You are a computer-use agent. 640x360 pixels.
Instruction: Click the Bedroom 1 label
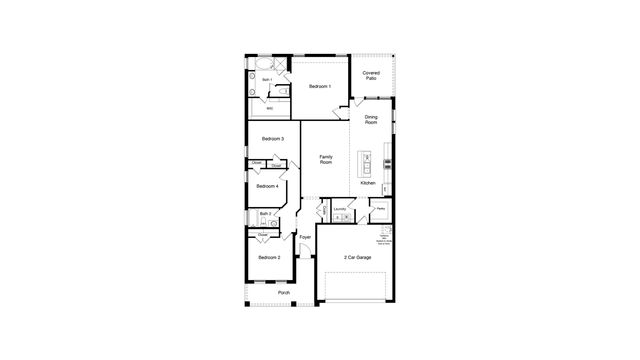[x=320, y=87]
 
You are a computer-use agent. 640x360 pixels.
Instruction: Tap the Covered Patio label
[x=371, y=76]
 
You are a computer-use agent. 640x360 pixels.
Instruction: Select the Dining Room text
[x=371, y=121]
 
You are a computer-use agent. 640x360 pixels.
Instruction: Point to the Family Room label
[x=326, y=160]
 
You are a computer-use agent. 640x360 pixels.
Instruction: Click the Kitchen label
[x=367, y=184]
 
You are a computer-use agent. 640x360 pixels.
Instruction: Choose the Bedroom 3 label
[x=272, y=139]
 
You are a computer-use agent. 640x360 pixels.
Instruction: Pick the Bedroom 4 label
[x=267, y=186]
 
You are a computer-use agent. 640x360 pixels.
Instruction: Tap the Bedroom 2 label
[x=269, y=257]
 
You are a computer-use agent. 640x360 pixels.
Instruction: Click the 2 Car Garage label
[x=357, y=257]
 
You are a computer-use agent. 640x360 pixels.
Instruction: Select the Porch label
[x=283, y=293]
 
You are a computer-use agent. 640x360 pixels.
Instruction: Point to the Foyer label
[x=305, y=237]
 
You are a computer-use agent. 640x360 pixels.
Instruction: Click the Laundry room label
[x=340, y=209]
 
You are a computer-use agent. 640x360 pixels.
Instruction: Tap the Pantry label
[x=380, y=208]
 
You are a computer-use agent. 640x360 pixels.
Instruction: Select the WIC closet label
[x=256, y=108]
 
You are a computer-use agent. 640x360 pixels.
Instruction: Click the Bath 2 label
[x=264, y=213]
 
